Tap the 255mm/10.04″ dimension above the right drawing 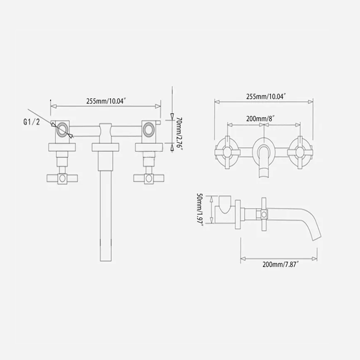coord(263,96)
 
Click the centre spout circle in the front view coord(263,150)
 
